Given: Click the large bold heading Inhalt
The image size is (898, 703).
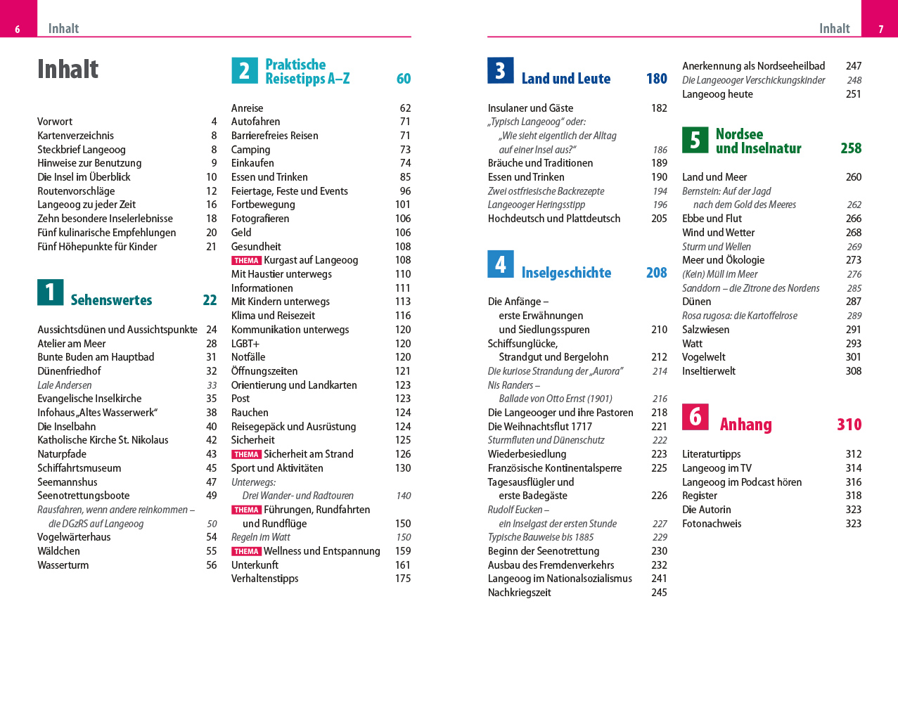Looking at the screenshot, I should coord(68,70).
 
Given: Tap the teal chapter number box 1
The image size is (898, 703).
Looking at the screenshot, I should coord(50,292).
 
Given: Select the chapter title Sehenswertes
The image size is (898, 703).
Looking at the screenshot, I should coord(111,300).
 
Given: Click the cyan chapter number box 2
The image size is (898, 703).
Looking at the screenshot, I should coord(244,70).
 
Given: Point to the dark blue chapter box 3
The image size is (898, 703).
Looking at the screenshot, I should coord(500,70).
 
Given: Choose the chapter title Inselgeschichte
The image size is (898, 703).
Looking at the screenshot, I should coord(566,273).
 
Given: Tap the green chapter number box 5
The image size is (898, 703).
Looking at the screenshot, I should coord(695,140).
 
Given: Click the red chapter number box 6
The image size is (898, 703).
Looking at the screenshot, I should coord(695,417).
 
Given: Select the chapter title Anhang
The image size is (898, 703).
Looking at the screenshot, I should coord(745,425).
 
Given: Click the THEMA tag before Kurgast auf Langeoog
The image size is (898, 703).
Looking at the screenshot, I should coord(246,261).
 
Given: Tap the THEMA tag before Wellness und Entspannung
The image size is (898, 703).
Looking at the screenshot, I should coord(246,552).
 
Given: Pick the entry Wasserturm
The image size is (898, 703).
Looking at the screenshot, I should coord(63,565).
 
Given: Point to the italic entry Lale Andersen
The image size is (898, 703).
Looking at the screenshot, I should coord(65,385).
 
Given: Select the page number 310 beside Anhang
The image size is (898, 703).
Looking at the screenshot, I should coord(849,425).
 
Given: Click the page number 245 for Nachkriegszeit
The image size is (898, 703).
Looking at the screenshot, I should coord(659,593).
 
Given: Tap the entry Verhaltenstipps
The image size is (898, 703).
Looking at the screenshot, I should coord(265,579).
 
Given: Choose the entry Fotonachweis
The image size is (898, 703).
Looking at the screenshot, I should coord(712,524).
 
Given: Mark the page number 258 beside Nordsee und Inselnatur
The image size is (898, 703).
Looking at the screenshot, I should coord(851,148).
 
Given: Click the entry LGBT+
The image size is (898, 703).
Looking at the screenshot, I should coord(245,344).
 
